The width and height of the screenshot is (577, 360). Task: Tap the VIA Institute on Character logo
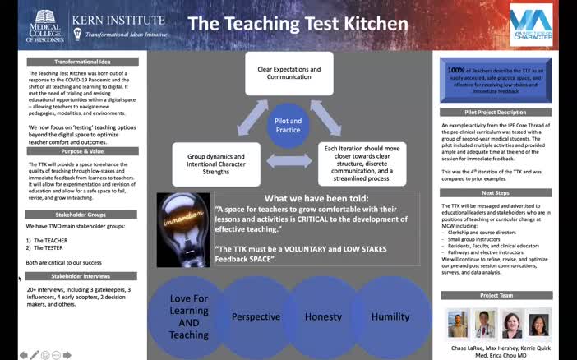(x=530, y=24)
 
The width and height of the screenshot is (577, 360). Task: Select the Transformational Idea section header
(x=81, y=62)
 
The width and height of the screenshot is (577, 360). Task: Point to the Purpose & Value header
(x=82, y=151)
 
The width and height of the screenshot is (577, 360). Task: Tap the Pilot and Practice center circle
(x=288, y=126)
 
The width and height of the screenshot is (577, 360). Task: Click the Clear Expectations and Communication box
(x=288, y=72)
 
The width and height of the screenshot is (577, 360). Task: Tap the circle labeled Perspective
(x=256, y=316)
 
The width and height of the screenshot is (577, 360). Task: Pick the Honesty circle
(x=323, y=316)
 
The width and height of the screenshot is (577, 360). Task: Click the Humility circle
(x=390, y=316)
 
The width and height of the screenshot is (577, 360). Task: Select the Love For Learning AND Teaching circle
(x=188, y=316)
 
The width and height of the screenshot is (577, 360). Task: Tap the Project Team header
(x=496, y=295)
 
